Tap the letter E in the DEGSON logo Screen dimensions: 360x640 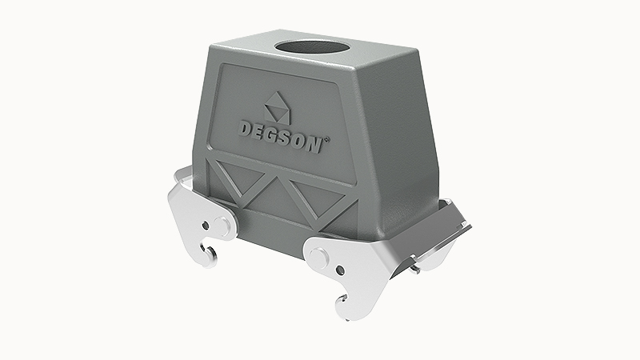point(261,128)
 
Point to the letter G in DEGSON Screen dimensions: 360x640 point(276,132)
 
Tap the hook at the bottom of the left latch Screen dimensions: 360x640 point(210,254)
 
